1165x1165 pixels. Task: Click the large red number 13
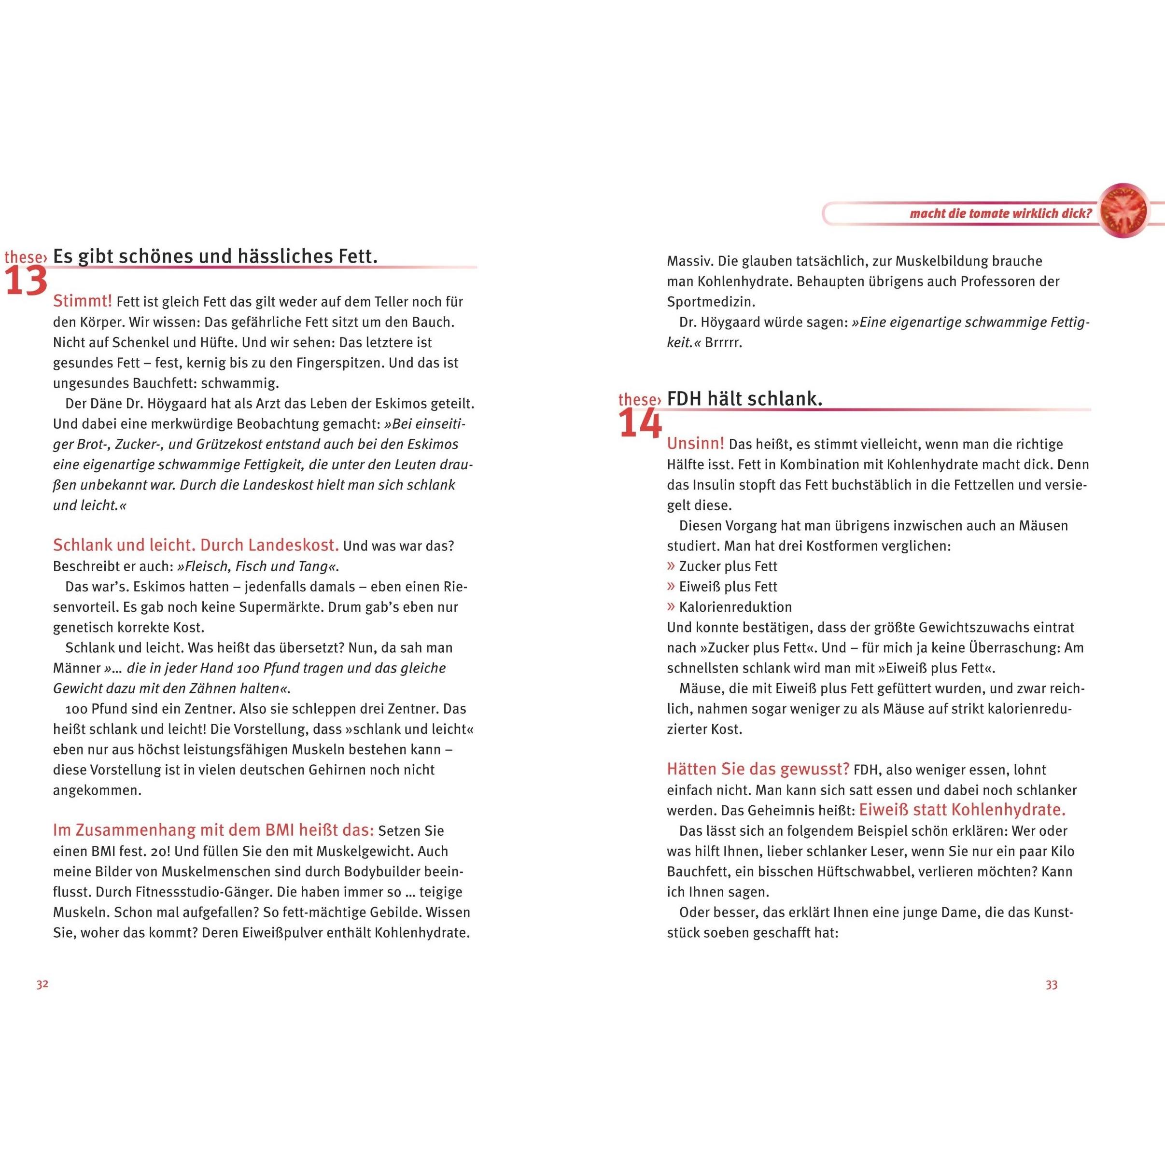pyautogui.click(x=26, y=281)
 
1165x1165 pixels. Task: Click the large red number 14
pyautogui.click(x=640, y=424)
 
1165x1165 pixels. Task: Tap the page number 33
pyautogui.click(x=1051, y=985)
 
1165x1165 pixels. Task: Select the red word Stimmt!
pyautogui.click(x=83, y=301)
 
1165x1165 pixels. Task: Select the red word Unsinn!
pyautogui.click(x=695, y=444)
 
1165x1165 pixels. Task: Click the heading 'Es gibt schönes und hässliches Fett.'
pyautogui.click(x=215, y=256)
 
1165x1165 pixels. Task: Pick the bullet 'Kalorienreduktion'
pyautogui.click(x=735, y=607)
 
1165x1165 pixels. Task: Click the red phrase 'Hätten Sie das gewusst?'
pyautogui.click(x=758, y=770)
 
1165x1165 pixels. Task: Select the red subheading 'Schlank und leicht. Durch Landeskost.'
pyautogui.click(x=196, y=545)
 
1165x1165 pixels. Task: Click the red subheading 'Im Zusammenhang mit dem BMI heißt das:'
pyautogui.click(x=213, y=830)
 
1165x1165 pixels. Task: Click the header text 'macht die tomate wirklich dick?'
pyautogui.click(x=1001, y=213)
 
